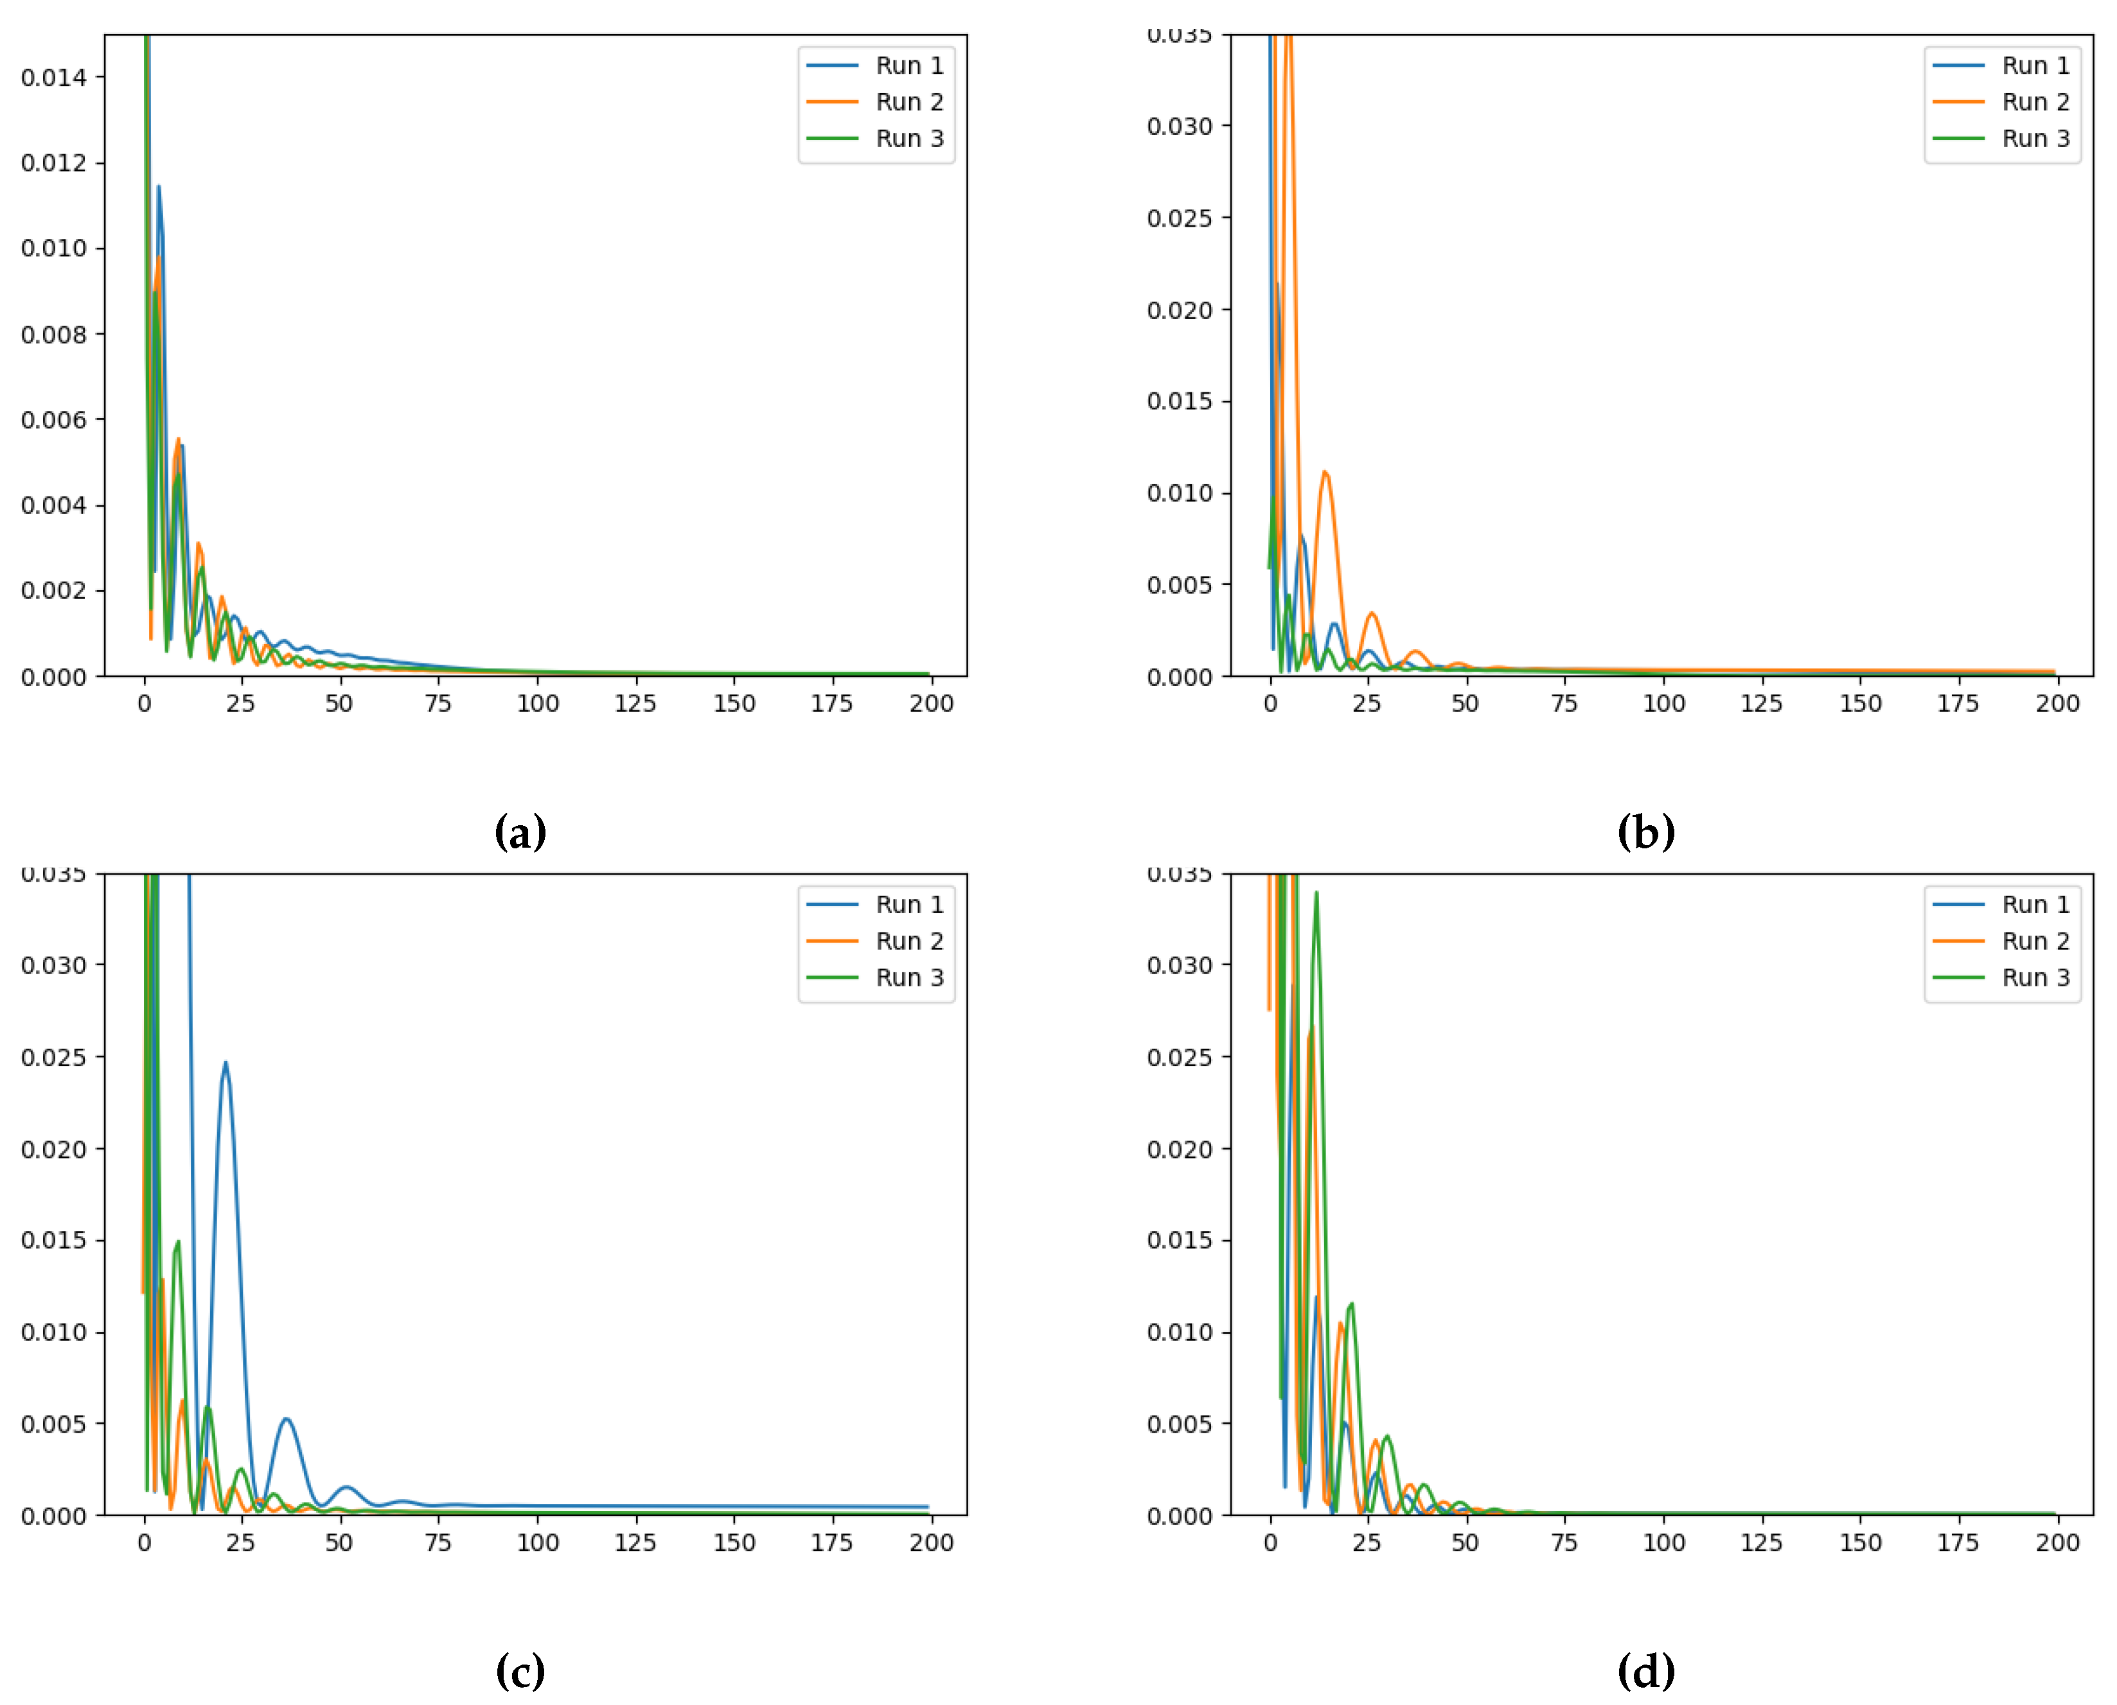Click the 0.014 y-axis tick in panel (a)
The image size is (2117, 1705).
tap(54, 78)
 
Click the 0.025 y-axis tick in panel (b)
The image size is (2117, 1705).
tap(1180, 218)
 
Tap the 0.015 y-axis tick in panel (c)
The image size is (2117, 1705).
tap(54, 1241)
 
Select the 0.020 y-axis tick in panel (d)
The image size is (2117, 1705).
tap(1180, 1149)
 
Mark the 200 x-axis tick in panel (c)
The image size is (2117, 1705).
tap(931, 1543)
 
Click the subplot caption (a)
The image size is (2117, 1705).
tap(520, 833)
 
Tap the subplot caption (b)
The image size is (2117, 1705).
tap(1647, 833)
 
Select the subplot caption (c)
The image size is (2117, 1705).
tap(520, 1672)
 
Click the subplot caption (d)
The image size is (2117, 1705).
tap(1647, 1672)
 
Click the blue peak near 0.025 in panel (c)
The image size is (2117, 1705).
tap(226, 1063)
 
